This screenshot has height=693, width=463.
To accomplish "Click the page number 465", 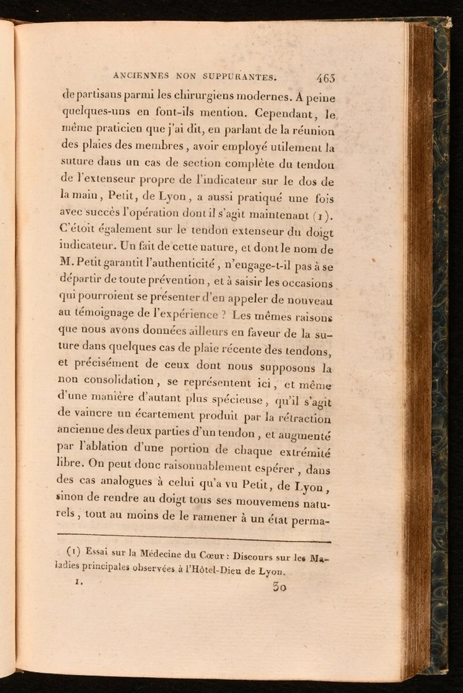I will (325, 78).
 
